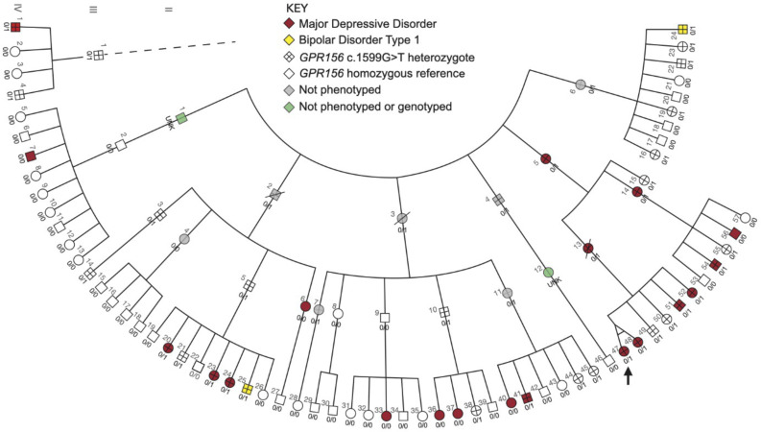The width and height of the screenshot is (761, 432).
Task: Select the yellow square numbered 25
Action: click(247, 389)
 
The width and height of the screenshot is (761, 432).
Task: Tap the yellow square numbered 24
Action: click(682, 31)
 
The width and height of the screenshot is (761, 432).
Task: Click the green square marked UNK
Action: click(181, 117)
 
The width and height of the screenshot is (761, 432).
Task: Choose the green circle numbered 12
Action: click(549, 272)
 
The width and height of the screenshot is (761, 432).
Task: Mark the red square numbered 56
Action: click(734, 233)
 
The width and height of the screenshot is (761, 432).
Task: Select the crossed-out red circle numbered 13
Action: click(588, 249)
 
